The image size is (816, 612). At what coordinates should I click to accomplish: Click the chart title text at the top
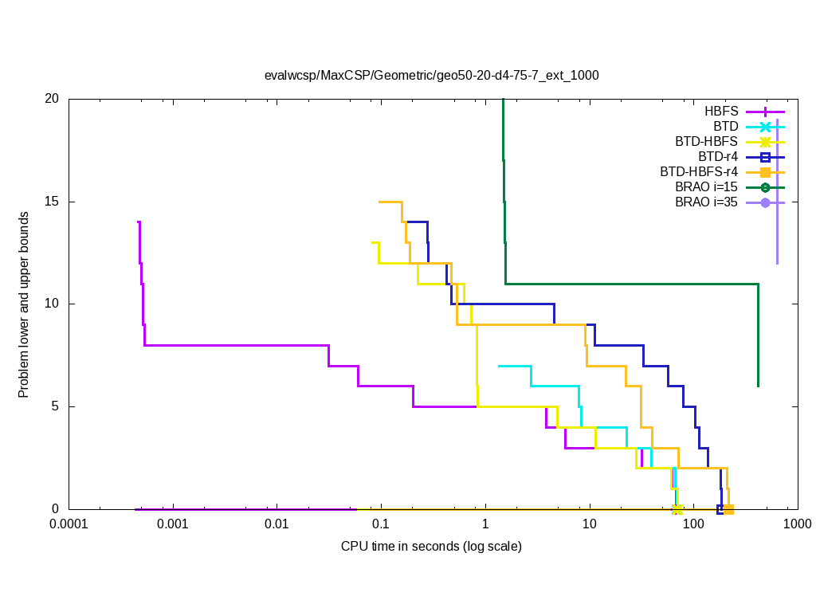[431, 76]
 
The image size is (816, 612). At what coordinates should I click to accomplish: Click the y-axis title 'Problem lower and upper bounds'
[25, 304]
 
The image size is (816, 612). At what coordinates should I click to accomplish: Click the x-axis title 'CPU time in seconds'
[431, 546]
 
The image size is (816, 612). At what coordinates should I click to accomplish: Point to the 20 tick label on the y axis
[52, 99]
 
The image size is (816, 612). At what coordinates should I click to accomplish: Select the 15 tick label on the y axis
[52, 202]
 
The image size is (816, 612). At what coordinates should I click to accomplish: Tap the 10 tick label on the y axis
[52, 304]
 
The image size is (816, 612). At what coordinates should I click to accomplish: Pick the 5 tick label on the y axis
[55, 406]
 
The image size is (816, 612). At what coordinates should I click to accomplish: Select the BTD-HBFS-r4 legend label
[699, 171]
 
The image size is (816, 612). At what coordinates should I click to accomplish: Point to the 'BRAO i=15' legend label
[706, 186]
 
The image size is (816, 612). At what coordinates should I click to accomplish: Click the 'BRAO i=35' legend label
[706, 202]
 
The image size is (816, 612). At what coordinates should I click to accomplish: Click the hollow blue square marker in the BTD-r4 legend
[765, 156]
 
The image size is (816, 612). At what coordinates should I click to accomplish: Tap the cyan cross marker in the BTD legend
[765, 126]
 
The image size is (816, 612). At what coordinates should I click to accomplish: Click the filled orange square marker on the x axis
[728, 509]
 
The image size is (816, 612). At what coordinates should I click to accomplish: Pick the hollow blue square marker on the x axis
[720, 509]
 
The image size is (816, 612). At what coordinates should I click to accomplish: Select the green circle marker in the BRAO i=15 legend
[765, 186]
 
